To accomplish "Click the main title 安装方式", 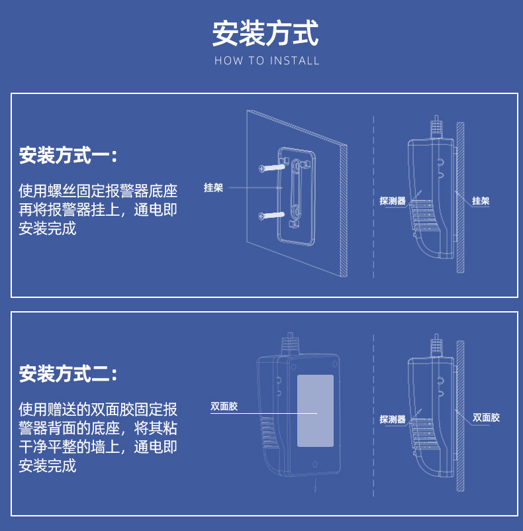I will pyautogui.click(x=265, y=34).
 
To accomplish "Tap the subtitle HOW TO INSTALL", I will pyautogui.click(x=267, y=61).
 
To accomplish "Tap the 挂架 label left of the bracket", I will pyautogui.click(x=213, y=188).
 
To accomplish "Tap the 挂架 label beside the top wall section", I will pyautogui.click(x=481, y=201).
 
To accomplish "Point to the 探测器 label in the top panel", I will pyautogui.click(x=392, y=201).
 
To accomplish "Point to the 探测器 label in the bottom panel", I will pyautogui.click(x=392, y=419).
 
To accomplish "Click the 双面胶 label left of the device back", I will pyautogui.click(x=224, y=407).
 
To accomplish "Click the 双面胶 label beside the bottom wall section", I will pyautogui.click(x=487, y=418).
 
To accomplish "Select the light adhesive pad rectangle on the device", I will pyautogui.click(x=315, y=410).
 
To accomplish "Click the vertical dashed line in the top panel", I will pyautogui.click(x=374, y=199).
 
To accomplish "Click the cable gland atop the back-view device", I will pyautogui.click(x=289, y=344).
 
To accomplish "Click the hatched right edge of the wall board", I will pyautogui.click(x=344, y=212).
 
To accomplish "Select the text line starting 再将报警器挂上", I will pyautogui.click(x=98, y=211).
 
